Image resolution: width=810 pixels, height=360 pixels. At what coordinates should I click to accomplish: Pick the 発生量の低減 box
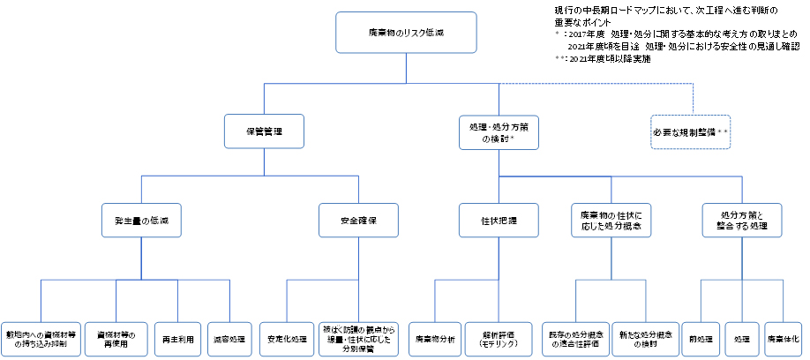pyautogui.click(x=141, y=220)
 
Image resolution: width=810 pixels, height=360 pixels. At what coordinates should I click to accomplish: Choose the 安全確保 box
pyautogui.click(x=359, y=220)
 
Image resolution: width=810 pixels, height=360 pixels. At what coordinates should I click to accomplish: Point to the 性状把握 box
pyautogui.click(x=499, y=220)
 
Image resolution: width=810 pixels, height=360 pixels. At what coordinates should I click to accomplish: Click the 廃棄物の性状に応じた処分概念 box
pyautogui.click(x=610, y=220)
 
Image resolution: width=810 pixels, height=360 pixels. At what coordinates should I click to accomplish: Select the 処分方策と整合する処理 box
pyautogui.click(x=742, y=220)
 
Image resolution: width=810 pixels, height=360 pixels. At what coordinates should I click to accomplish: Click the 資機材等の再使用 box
pyautogui.click(x=116, y=337)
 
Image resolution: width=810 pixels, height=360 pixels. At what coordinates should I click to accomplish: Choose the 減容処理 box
pyautogui.click(x=229, y=337)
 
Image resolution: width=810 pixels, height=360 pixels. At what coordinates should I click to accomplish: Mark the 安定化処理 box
pyautogui.click(x=286, y=337)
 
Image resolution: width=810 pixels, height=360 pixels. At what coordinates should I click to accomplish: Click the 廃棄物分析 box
pyautogui.click(x=434, y=337)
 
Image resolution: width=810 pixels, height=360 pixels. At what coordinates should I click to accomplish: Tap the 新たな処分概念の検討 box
pyautogui.click(x=644, y=337)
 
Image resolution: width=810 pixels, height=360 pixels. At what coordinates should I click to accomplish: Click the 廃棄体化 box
pyautogui.click(x=784, y=337)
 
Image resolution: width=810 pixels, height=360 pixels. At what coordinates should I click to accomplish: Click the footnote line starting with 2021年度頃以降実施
pyautogui.click(x=609, y=60)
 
